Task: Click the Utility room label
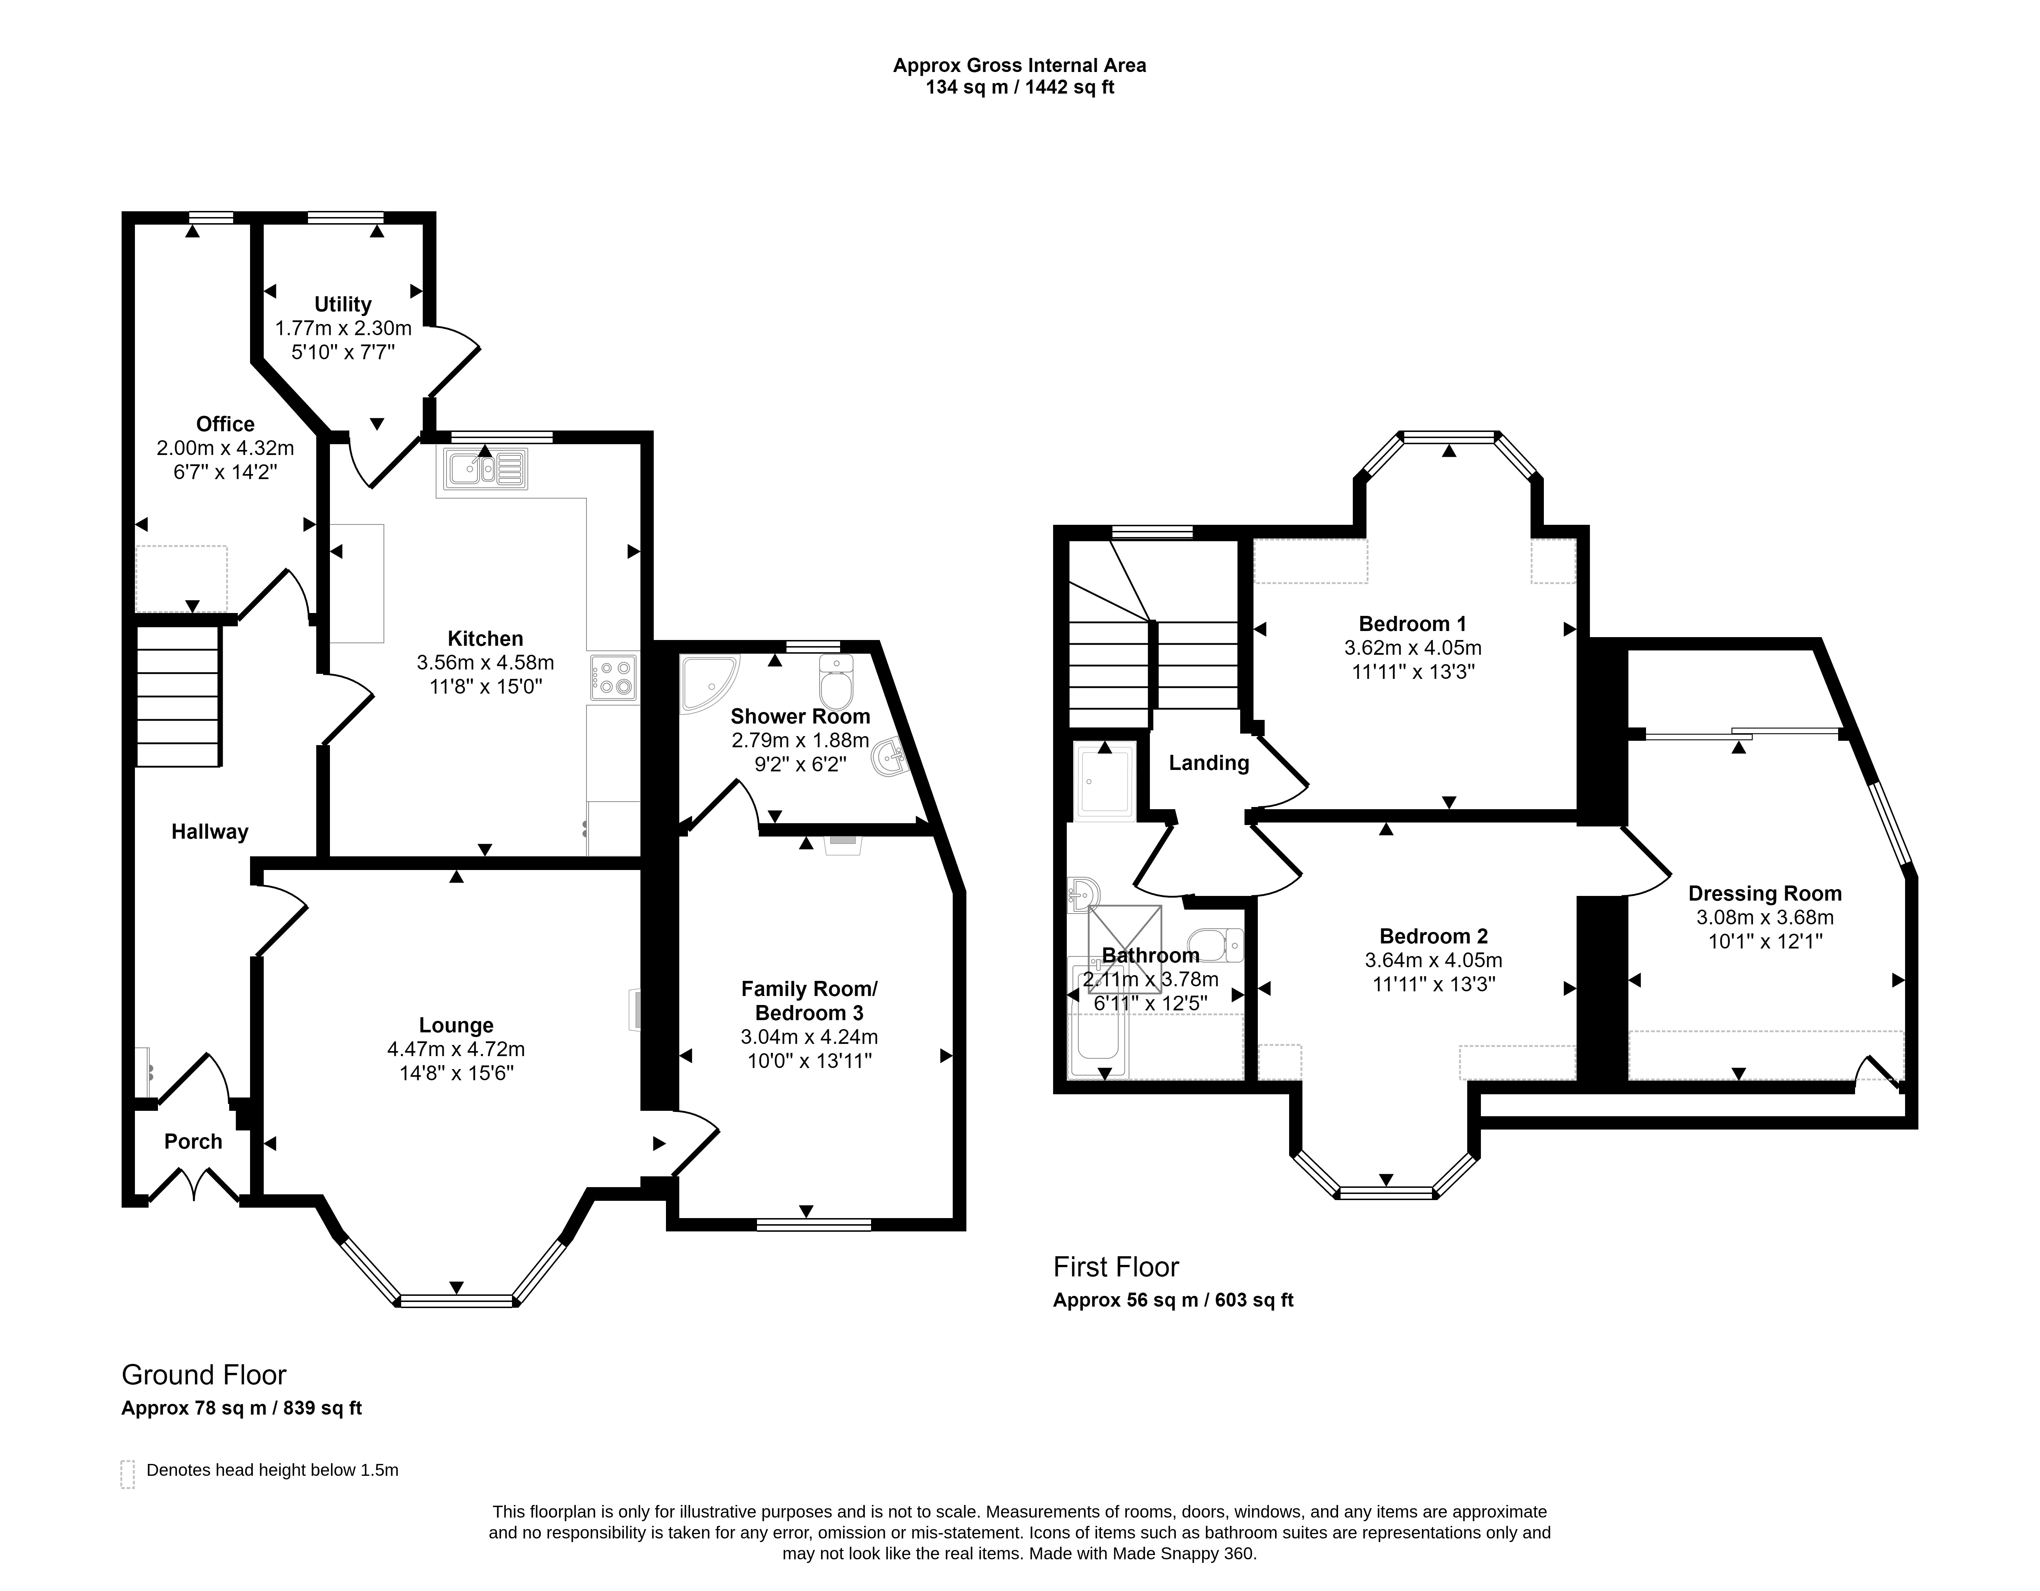343,305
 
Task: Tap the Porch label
193,1142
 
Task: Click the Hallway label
210,831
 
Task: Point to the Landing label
1209,763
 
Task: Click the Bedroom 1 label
1412,624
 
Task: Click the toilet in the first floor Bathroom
1216,946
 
